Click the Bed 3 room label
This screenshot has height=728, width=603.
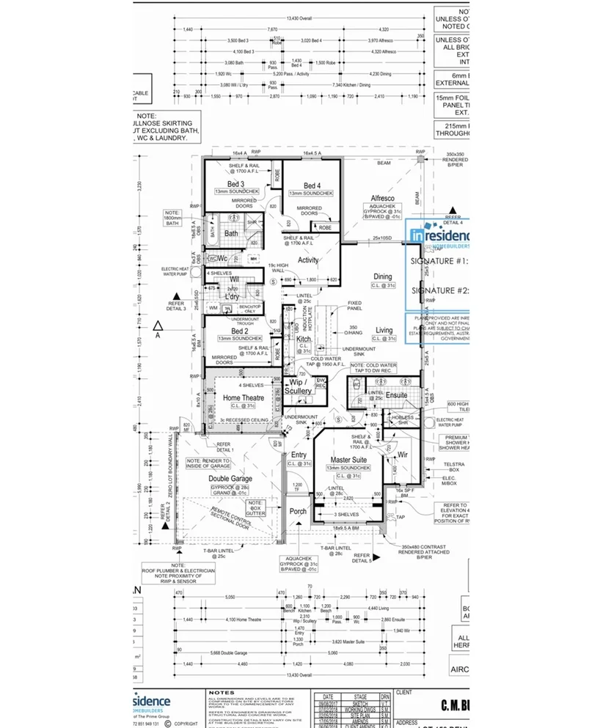[x=235, y=184]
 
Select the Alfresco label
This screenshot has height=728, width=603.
[x=382, y=199]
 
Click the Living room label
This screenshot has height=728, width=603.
[x=384, y=330]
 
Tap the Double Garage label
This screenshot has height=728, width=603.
[x=231, y=478]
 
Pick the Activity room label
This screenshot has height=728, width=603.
[x=308, y=260]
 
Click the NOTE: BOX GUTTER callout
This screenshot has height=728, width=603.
[x=255, y=507]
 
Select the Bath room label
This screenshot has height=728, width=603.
[x=231, y=234]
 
